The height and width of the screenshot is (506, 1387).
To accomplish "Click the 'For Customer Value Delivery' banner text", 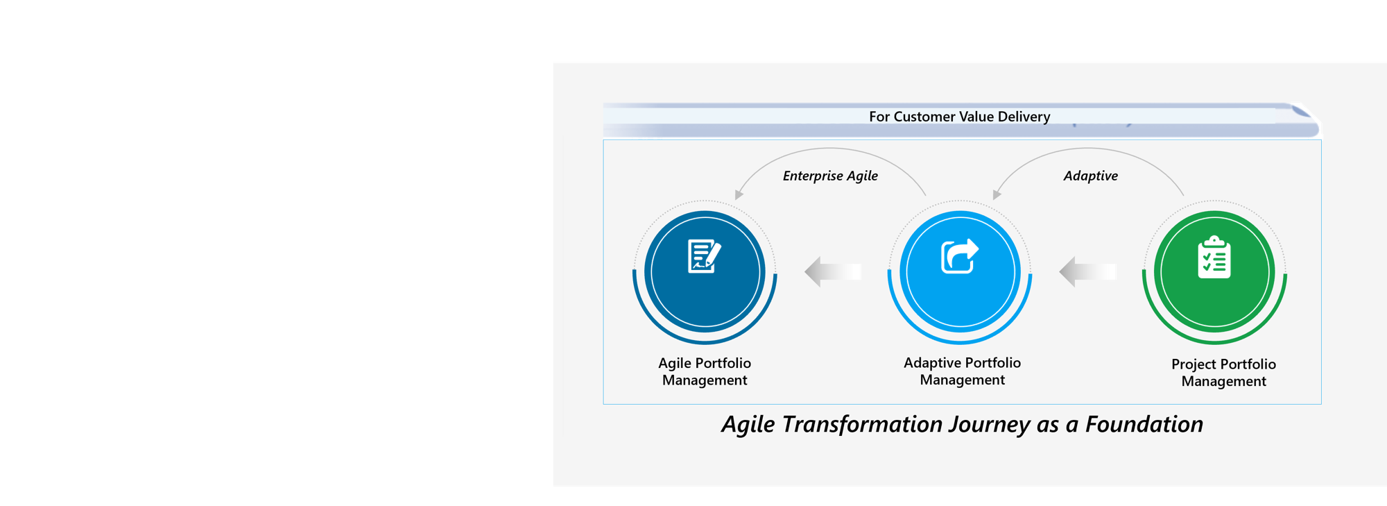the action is [x=959, y=117].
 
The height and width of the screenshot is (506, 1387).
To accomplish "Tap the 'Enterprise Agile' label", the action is [x=830, y=176].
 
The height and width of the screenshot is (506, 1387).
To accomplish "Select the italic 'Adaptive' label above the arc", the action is [x=1090, y=176].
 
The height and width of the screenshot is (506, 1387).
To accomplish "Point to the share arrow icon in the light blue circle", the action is [x=960, y=256].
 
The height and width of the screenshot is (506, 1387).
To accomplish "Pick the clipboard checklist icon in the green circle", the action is [x=1214, y=258].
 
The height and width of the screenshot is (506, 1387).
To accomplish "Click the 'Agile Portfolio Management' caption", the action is [x=705, y=371].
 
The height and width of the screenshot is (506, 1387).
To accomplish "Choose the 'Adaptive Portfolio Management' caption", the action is [x=962, y=371].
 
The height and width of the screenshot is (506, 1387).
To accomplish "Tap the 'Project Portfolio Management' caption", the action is [x=1223, y=373].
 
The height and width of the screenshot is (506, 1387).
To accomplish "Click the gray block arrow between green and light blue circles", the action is [x=1087, y=272].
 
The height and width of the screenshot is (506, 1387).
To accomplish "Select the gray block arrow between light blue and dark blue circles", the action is [x=832, y=272].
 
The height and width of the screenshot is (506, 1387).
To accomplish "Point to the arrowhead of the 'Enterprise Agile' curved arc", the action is [x=739, y=195].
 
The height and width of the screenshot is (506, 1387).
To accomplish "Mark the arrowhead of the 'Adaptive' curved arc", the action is [x=997, y=195].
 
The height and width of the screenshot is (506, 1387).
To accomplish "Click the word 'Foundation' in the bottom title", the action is [x=1144, y=424].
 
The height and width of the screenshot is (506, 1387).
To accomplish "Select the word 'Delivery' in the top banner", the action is [x=1024, y=117].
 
